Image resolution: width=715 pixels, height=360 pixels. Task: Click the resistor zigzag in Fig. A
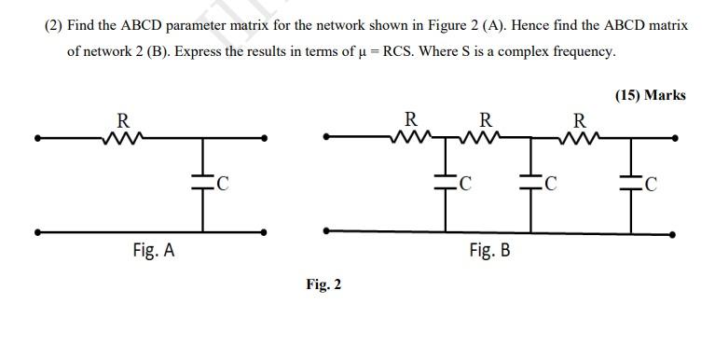[122, 140]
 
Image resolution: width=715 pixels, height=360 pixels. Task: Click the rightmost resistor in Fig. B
[579, 139]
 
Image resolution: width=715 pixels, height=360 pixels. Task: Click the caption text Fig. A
[153, 250]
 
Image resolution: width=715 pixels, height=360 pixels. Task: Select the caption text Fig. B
[489, 250]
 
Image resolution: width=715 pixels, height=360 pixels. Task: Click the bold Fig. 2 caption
[323, 284]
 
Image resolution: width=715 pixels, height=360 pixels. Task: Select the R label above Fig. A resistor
[122, 120]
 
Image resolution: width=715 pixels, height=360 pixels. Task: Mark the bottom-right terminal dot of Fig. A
[266, 230]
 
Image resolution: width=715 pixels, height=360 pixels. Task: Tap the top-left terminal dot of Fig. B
[324, 137]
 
